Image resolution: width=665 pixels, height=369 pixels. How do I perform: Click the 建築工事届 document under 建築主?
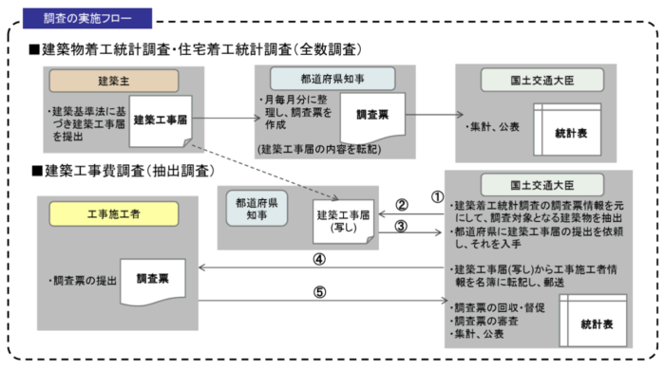163,121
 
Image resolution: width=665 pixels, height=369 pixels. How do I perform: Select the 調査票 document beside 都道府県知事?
372,116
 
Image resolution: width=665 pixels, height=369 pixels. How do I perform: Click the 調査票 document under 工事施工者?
152,281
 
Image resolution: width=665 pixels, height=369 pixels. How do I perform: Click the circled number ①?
438,197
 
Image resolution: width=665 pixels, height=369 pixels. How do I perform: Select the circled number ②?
402,205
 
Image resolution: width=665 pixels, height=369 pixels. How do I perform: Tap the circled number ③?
402,228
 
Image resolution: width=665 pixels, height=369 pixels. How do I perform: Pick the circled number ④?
320,258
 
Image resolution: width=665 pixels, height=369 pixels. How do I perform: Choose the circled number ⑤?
320,291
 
